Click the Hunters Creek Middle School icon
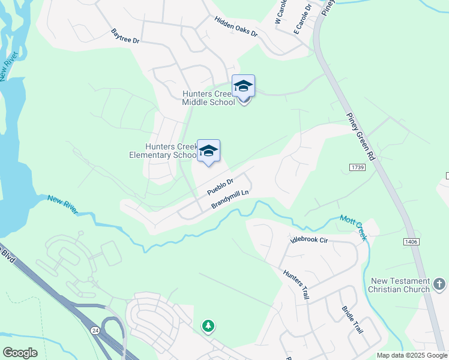click(243, 86)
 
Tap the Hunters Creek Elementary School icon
click(208, 151)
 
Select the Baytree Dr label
click(125, 36)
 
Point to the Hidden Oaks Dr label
click(236, 26)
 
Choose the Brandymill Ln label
click(230, 200)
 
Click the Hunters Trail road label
click(296, 285)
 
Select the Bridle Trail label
click(352, 319)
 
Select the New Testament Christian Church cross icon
click(439, 283)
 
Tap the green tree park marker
click(208, 326)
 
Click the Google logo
click(20, 353)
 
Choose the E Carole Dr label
click(302, 17)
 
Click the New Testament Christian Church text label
click(400, 285)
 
